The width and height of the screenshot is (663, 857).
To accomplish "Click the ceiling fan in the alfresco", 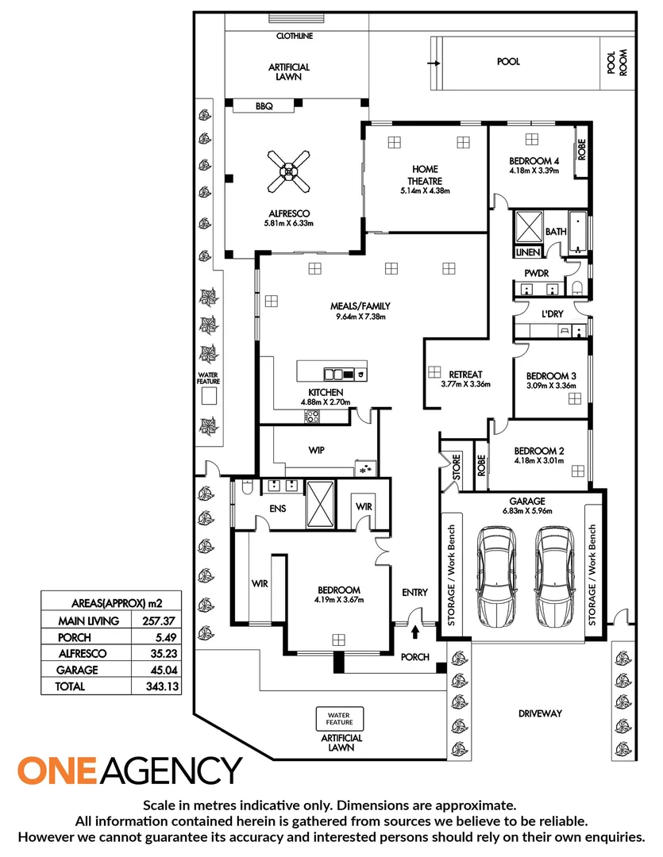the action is pyautogui.click(x=288, y=171).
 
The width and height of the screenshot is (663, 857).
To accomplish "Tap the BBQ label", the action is pyautogui.click(x=264, y=106).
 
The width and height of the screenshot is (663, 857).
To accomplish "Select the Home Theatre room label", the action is pyautogui.click(x=425, y=175).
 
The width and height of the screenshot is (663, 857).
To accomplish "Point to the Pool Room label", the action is pyautogui.click(x=618, y=63).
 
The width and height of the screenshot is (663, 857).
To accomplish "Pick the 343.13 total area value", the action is pyautogui.click(x=163, y=686).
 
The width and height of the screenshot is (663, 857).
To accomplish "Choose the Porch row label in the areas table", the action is pyautogui.click(x=75, y=637).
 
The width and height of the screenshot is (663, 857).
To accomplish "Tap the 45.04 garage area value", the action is pyautogui.click(x=164, y=670).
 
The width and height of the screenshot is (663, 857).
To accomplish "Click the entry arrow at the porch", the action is pyautogui.click(x=415, y=632).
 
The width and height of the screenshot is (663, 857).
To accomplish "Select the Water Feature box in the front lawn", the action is pyautogui.click(x=339, y=719).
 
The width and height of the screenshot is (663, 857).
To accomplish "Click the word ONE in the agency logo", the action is pyautogui.click(x=57, y=770).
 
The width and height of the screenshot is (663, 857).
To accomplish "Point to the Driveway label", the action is pyautogui.click(x=540, y=713).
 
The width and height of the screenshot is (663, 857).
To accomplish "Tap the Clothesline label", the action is pyautogui.click(x=295, y=36).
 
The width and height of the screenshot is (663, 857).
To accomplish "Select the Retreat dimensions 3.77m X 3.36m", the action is pyautogui.click(x=465, y=384).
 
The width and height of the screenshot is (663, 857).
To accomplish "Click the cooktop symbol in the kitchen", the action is pyautogui.click(x=312, y=417).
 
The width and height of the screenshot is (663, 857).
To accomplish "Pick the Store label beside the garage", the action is pyautogui.click(x=457, y=467).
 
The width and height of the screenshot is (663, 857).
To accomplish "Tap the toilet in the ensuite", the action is pyautogui.click(x=247, y=486).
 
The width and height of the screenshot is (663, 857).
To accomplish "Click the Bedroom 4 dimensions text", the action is pyautogui.click(x=534, y=171).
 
